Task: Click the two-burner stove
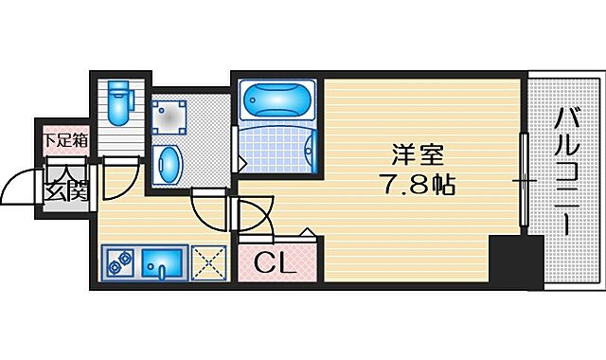tap(118, 261)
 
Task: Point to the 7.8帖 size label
tap(418, 182)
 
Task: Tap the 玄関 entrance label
tap(64, 189)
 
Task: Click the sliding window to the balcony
tap(523, 180)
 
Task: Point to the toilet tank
tap(119, 90)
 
